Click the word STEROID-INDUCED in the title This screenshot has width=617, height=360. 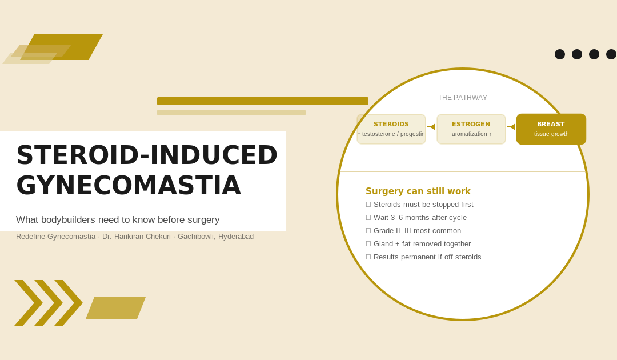pyautogui.click(x=147, y=155)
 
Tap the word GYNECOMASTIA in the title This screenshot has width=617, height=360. pyautogui.click(x=129, y=186)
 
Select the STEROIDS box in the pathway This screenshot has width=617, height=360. pyautogui.click(x=391, y=129)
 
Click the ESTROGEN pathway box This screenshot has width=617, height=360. pyautogui.click(x=471, y=129)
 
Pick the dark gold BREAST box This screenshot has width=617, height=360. pyautogui.click(x=551, y=129)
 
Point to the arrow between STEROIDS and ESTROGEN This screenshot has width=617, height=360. pyautogui.click(x=431, y=127)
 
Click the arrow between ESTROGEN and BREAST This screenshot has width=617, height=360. pyautogui.click(x=511, y=127)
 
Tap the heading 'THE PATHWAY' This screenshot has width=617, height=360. pyautogui.click(x=462, y=98)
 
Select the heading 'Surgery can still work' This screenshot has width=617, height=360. pyautogui.click(x=418, y=191)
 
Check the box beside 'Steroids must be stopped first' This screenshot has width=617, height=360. pyautogui.click(x=368, y=205)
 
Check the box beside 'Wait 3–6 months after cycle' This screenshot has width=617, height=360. pyautogui.click(x=368, y=218)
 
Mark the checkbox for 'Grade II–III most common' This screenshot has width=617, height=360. pyautogui.click(x=368, y=231)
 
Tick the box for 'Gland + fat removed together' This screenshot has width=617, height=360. pyautogui.click(x=368, y=244)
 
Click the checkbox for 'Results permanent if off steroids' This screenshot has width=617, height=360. pyautogui.click(x=368, y=257)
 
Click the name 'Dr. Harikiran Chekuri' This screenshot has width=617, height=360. pyautogui.click(x=137, y=237)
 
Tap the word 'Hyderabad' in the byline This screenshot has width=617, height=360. pyautogui.click(x=236, y=237)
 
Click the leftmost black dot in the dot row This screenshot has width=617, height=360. pyautogui.click(x=559, y=54)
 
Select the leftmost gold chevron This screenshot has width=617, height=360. pyautogui.click(x=29, y=303)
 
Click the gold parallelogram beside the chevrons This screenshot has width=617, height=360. pyautogui.click(x=115, y=308)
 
